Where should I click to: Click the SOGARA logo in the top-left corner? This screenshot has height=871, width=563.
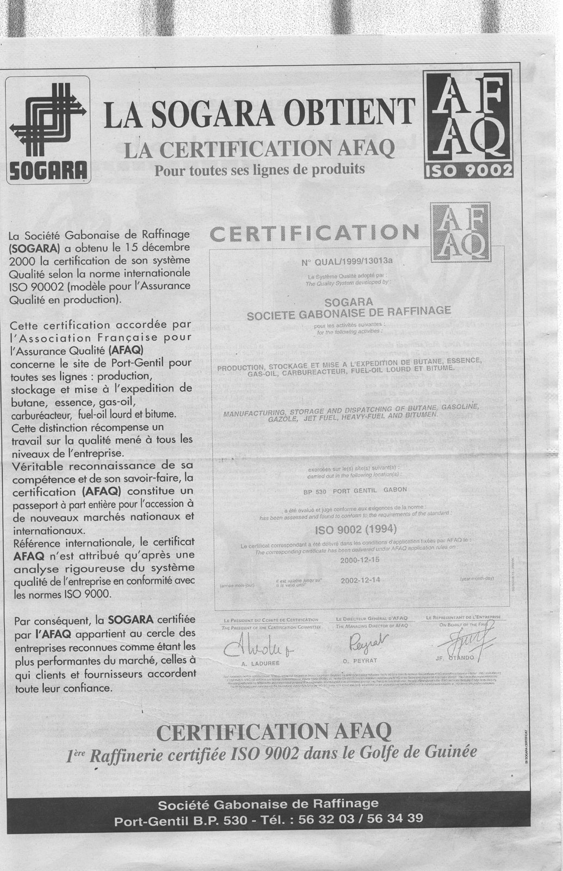(48, 129)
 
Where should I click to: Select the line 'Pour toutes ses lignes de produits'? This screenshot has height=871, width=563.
(259, 169)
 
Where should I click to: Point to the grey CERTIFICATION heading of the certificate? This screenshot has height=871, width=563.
(314, 232)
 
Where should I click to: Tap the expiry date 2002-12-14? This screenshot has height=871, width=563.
(360, 580)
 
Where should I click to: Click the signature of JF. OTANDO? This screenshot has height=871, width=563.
(471, 642)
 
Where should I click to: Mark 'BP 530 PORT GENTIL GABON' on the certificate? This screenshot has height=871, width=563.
(355, 489)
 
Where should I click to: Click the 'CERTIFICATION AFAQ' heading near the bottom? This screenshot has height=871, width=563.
(273, 732)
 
